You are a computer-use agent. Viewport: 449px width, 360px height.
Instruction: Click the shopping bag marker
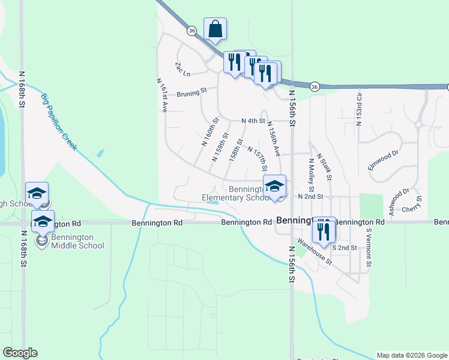(x=215, y=29)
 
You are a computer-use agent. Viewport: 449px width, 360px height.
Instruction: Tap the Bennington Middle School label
(x=77, y=241)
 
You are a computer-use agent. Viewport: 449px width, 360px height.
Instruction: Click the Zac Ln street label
(x=182, y=70)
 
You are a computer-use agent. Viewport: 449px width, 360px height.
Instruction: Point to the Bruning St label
(x=192, y=92)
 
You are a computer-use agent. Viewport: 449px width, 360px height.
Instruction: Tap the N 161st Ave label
(x=162, y=95)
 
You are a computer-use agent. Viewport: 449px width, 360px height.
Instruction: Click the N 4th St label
(x=253, y=121)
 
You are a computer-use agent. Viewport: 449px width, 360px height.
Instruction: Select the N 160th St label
(x=208, y=138)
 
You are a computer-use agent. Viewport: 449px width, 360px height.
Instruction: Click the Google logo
(x=20, y=353)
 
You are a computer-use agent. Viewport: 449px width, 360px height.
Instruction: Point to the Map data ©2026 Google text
(x=412, y=355)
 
